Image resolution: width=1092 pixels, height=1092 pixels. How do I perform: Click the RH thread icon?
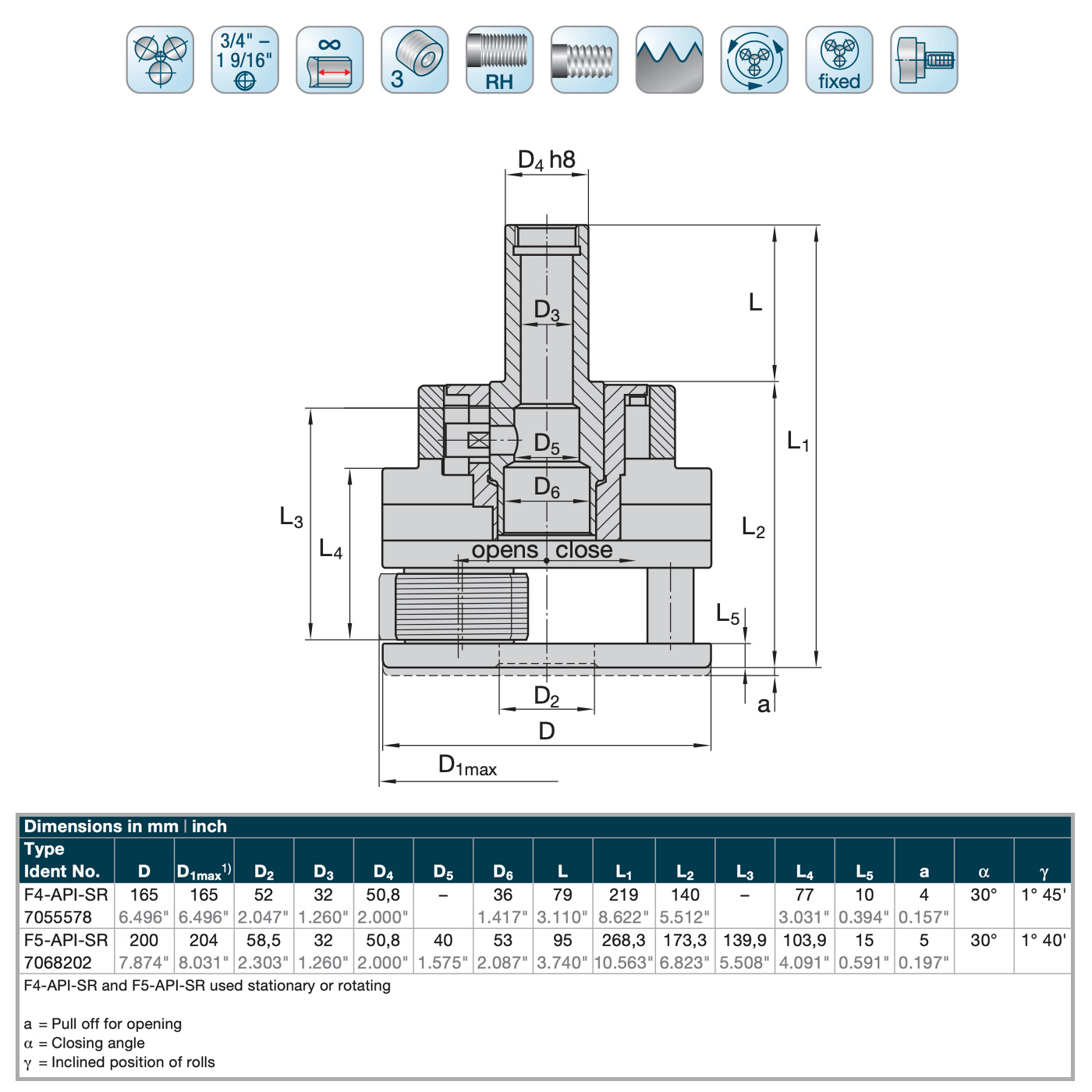(499, 60)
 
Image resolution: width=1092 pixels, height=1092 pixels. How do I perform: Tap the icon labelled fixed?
(839, 60)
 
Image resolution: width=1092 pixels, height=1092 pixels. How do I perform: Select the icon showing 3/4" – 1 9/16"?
(245, 60)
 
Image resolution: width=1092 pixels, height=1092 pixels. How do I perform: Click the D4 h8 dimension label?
(546, 160)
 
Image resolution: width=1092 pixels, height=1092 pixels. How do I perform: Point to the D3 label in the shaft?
(546, 310)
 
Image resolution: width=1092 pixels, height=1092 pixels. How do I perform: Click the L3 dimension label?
(291, 516)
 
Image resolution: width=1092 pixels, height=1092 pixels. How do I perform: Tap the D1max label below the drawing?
(467, 765)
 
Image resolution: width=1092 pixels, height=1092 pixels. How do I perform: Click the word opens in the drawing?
(505, 550)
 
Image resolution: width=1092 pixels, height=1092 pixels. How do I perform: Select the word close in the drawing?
(583, 550)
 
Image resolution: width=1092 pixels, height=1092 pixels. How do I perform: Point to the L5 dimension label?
(727, 614)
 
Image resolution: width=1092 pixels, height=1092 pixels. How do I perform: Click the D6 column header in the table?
(503, 871)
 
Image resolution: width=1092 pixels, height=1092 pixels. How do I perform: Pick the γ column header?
(1044, 871)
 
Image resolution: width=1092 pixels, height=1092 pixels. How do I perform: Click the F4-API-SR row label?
(66, 895)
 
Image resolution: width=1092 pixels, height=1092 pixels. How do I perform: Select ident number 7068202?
(58, 963)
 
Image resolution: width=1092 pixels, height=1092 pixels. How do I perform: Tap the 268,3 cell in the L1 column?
(624, 940)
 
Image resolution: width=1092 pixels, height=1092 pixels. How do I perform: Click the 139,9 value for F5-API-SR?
(745, 940)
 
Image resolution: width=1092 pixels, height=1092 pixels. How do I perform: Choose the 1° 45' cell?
(1044, 895)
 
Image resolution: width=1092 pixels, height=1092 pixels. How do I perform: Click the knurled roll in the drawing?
(460, 606)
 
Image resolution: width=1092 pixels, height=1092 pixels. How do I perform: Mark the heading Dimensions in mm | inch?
(126, 826)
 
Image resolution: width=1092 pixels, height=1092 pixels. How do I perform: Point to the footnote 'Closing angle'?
(98, 1043)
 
